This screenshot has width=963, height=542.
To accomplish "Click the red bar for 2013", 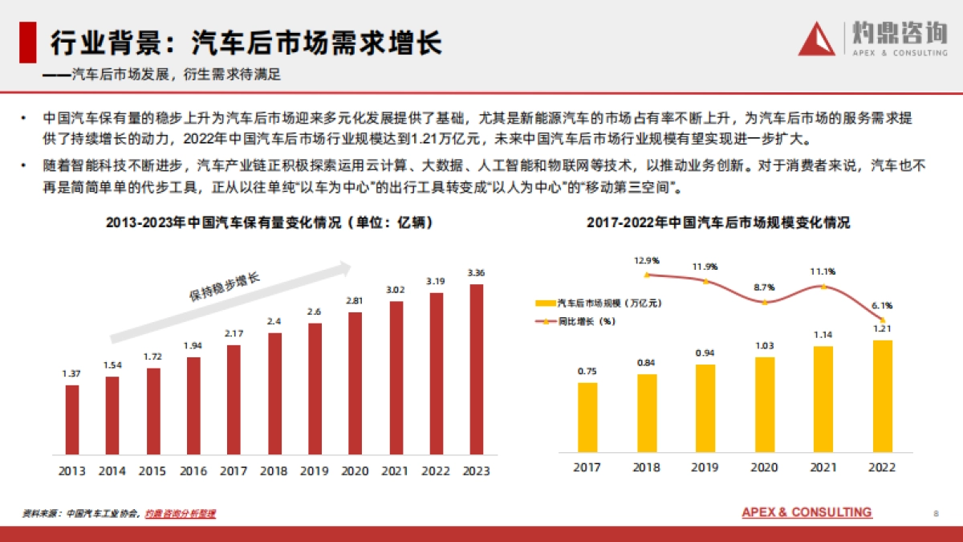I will (72, 419).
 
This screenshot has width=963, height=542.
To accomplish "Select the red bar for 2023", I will (476, 369).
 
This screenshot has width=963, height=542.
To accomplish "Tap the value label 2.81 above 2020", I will (355, 300).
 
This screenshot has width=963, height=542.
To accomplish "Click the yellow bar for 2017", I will (587, 418).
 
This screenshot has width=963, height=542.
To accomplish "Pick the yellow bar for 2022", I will (883, 397).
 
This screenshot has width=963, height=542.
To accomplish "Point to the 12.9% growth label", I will (646, 260).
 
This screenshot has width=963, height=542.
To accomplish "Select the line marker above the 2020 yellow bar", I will (765, 302).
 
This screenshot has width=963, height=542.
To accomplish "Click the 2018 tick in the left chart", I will (274, 471).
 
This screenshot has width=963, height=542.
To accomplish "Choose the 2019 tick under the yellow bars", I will (705, 467).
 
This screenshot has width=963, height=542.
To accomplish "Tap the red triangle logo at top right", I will (817, 40).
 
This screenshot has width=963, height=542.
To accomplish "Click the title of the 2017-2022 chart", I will (717, 223).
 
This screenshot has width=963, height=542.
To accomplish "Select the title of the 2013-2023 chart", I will (269, 223).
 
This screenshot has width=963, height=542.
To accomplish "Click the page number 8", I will (936, 513).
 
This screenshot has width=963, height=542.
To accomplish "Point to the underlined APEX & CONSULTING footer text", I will (807, 512).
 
